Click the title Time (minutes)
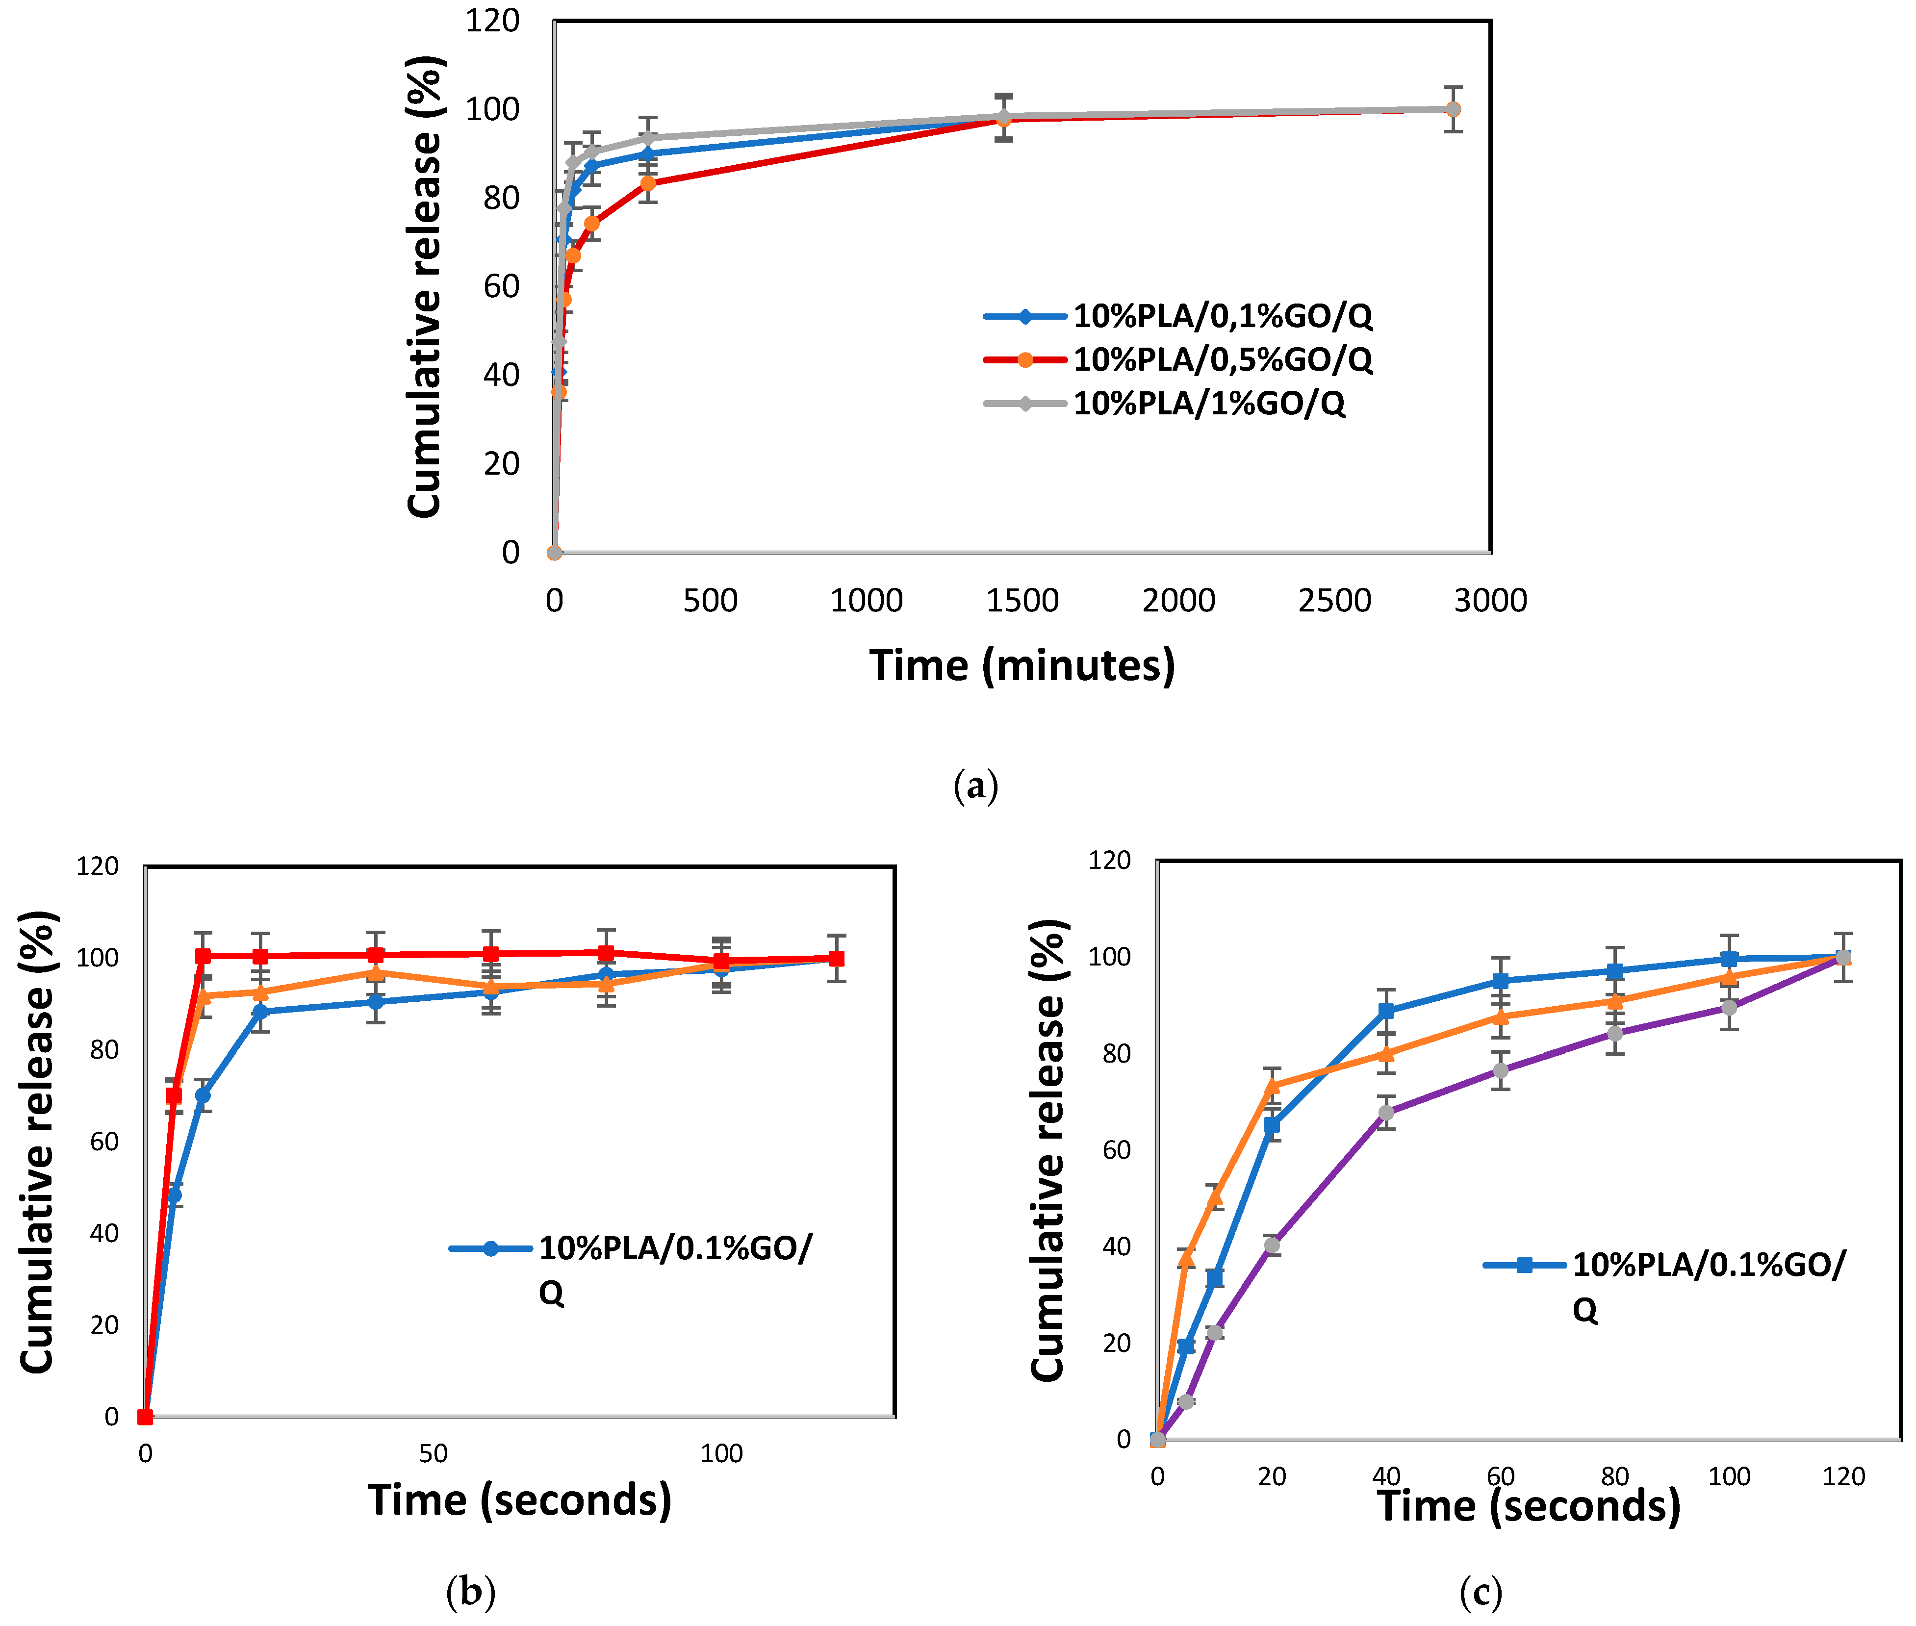tap(1022, 664)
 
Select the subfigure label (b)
tap(470, 1590)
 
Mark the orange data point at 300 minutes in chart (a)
tap(648, 183)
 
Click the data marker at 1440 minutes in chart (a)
tap(1003, 118)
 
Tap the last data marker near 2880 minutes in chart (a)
tap(1452, 110)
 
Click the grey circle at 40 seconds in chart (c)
tap(1386, 1113)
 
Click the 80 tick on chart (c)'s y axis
tap(1117, 1054)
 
